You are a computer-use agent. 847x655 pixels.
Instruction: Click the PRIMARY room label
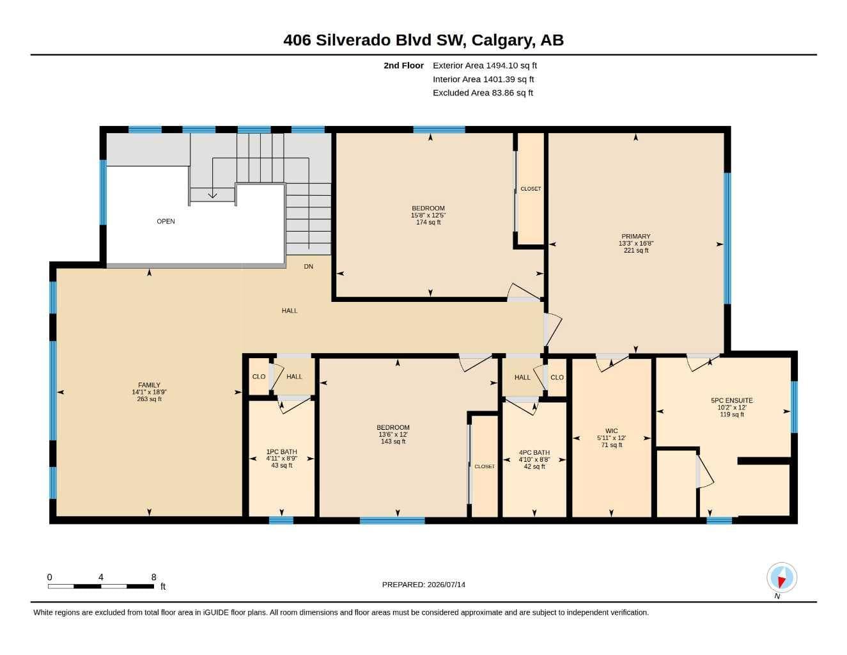pyautogui.click(x=636, y=236)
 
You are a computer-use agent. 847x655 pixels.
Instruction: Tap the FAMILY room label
pyautogui.click(x=149, y=385)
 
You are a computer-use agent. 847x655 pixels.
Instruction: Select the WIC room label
pyautogui.click(x=611, y=431)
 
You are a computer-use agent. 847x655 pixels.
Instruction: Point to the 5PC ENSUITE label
pyautogui.click(x=732, y=400)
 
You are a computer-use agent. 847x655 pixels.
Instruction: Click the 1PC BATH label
pyautogui.click(x=281, y=452)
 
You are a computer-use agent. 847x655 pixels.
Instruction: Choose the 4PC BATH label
pyautogui.click(x=534, y=453)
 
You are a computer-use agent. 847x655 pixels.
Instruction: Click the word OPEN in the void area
pyautogui.click(x=166, y=221)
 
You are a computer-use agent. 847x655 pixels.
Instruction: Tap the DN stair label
pyautogui.click(x=308, y=267)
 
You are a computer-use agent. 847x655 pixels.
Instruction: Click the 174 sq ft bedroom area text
pyautogui.click(x=428, y=222)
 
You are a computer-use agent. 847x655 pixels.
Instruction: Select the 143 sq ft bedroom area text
pyautogui.click(x=393, y=441)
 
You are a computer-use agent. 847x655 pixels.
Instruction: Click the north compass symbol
pyautogui.click(x=782, y=578)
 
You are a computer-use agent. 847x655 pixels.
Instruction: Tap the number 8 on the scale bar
pyautogui.click(x=153, y=577)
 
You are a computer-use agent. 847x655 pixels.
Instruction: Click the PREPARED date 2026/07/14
pyautogui.click(x=446, y=585)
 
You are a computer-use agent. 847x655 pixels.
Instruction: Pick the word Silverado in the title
pyautogui.click(x=353, y=40)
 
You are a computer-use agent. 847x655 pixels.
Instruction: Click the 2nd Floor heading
pyautogui.click(x=403, y=65)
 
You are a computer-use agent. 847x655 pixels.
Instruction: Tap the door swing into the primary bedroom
pyautogui.click(x=553, y=329)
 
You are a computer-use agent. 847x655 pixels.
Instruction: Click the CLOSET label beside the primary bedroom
pyautogui.click(x=531, y=189)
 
